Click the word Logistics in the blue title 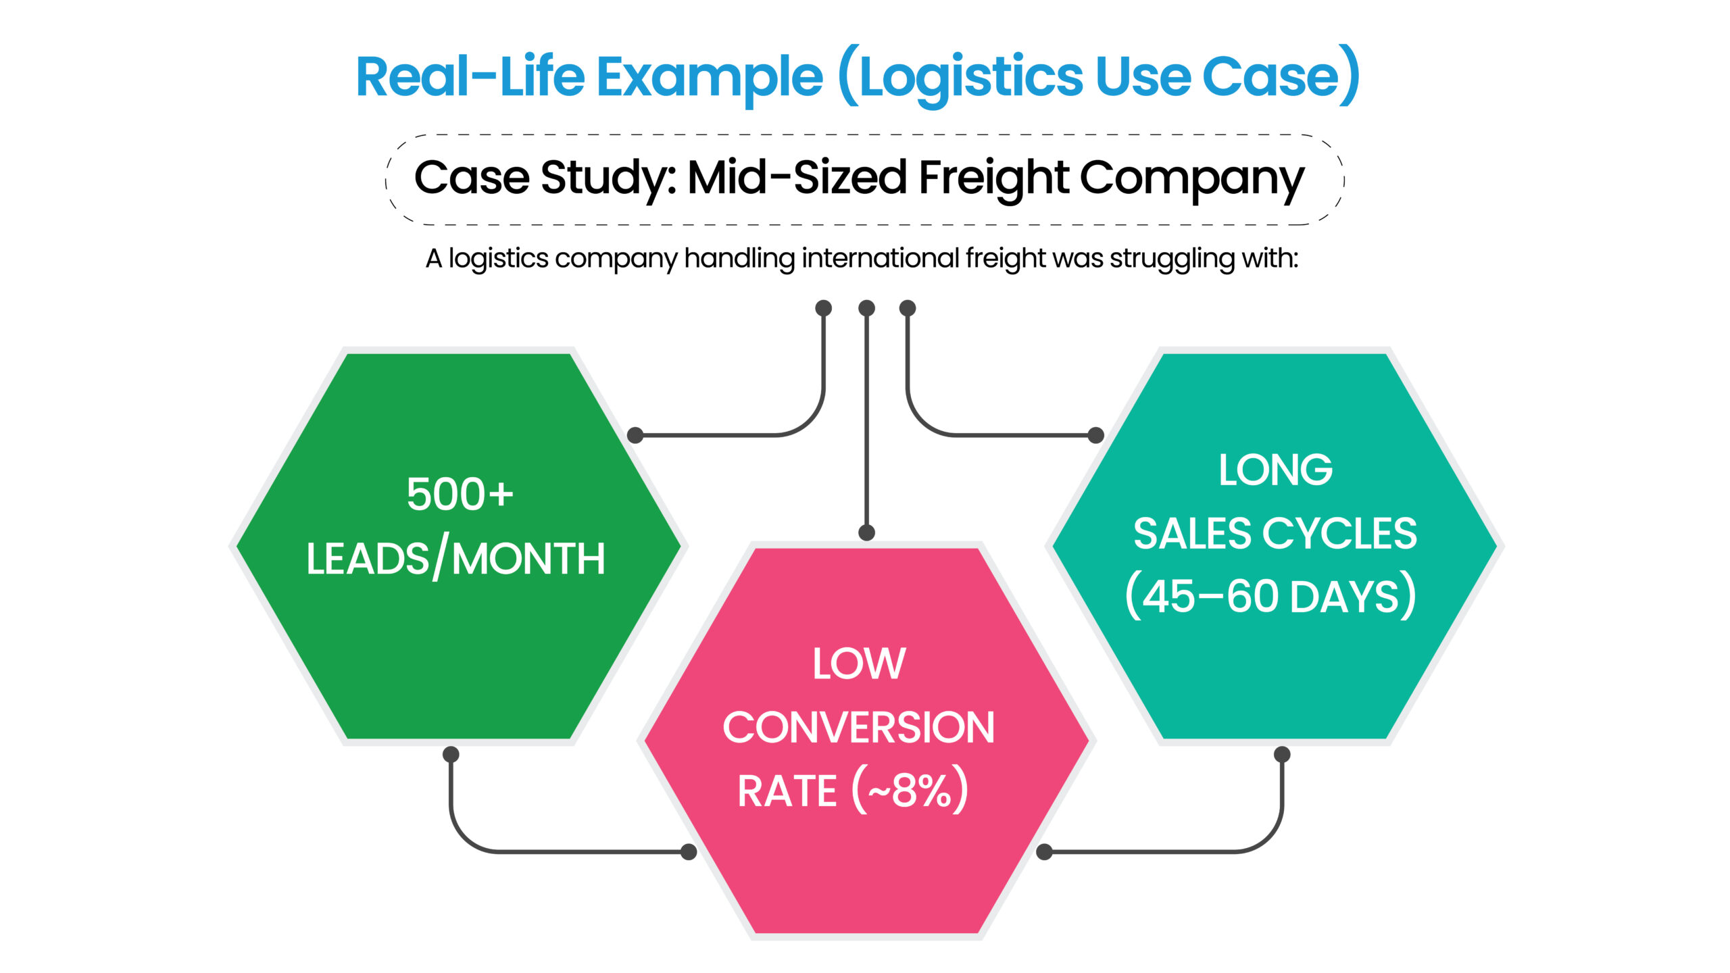(970, 78)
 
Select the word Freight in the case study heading (993, 178)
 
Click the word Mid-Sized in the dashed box (796, 178)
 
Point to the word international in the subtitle (880, 258)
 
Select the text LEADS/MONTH (455, 559)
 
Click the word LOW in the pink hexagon (859, 664)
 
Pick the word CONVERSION (858, 728)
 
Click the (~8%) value (910, 791)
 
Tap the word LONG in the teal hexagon (1275, 470)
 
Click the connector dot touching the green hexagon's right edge (635, 435)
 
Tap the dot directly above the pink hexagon (866, 532)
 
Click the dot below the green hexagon (451, 754)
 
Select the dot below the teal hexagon (1282, 754)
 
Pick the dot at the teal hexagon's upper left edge (1096, 435)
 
